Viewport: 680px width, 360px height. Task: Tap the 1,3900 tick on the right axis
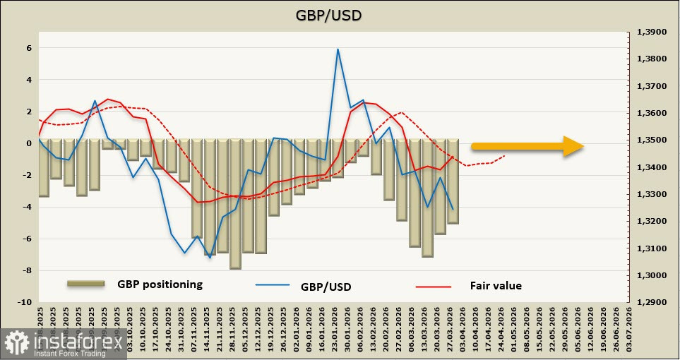click(x=650, y=32)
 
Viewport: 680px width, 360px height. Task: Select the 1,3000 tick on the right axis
click(x=650, y=275)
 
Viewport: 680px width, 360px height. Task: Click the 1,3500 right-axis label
click(x=650, y=140)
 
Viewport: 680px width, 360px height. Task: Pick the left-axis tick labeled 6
click(x=30, y=49)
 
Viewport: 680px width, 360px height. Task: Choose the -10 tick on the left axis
click(x=25, y=302)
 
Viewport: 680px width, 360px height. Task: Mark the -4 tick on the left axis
click(x=28, y=208)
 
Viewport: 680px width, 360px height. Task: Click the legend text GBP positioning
click(x=160, y=284)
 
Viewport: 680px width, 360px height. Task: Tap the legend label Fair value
click(x=495, y=286)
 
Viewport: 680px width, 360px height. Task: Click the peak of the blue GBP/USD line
click(x=338, y=49)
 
